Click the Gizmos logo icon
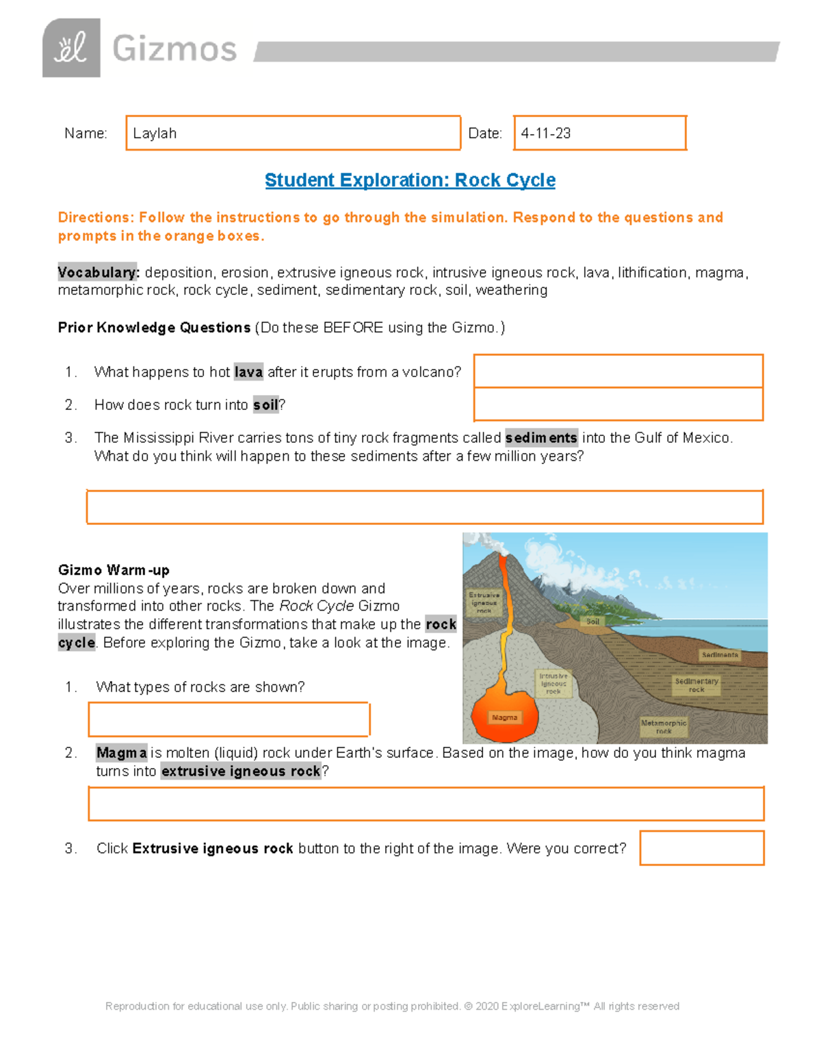pyautogui.click(x=71, y=48)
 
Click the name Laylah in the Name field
pyautogui.click(x=155, y=133)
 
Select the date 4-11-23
pyautogui.click(x=546, y=133)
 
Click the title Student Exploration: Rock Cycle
pyautogui.click(x=410, y=180)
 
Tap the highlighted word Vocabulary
pyautogui.click(x=99, y=272)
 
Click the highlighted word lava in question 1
pyautogui.click(x=248, y=372)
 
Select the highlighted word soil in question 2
pyautogui.click(x=265, y=405)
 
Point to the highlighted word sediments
pyautogui.click(x=541, y=437)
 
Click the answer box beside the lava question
pyautogui.click(x=618, y=371)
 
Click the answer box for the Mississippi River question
pyautogui.click(x=424, y=507)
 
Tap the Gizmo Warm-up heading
pyautogui.click(x=114, y=570)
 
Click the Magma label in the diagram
pyautogui.click(x=504, y=717)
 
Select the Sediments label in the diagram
pyautogui.click(x=720, y=655)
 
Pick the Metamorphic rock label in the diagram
pyautogui.click(x=663, y=726)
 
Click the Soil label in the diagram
pyautogui.click(x=592, y=622)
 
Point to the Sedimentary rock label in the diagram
pyautogui.click(x=696, y=685)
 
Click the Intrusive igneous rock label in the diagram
pyautogui.click(x=553, y=683)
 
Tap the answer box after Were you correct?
pyautogui.click(x=702, y=848)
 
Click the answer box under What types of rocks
pyautogui.click(x=229, y=719)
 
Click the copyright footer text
pyautogui.click(x=392, y=1006)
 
